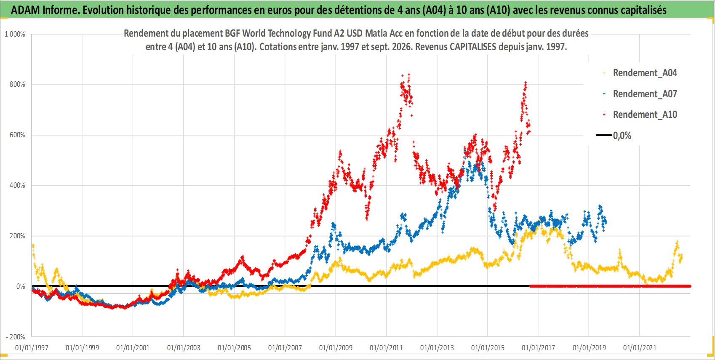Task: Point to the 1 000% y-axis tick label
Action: [15, 34]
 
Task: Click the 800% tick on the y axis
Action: [17, 85]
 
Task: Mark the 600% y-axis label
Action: [17, 135]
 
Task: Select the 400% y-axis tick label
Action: [17, 185]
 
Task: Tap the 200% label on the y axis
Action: [17, 236]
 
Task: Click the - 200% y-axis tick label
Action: [15, 337]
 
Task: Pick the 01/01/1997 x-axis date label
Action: [32, 347]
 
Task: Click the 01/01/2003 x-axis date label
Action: [184, 347]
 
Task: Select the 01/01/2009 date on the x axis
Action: [336, 347]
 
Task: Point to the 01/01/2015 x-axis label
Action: [488, 347]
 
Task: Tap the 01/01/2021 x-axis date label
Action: [640, 347]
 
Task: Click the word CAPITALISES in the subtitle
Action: [473, 47]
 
